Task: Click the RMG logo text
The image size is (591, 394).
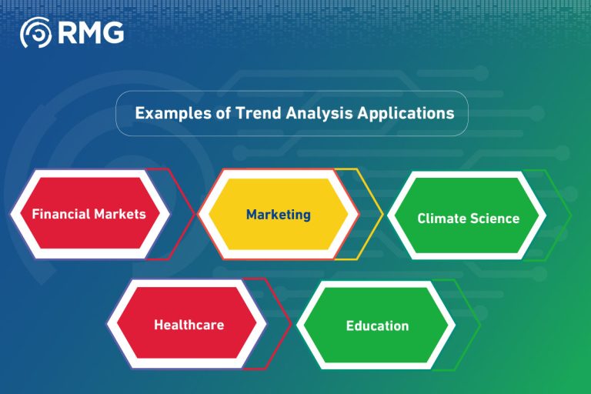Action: coord(90,33)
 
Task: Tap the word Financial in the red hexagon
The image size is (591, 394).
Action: coord(61,214)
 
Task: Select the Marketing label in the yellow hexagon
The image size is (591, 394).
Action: coord(279,214)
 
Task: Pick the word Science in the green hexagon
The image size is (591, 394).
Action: coord(494,218)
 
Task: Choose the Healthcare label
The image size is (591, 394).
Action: coord(189,324)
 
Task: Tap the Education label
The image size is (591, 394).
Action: coord(377,326)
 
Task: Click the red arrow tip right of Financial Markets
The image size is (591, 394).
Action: coord(195,214)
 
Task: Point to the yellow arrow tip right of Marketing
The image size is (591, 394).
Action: coord(382,214)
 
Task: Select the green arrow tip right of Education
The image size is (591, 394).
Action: coord(480,325)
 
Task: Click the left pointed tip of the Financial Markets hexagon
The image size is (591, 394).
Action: coord(10,213)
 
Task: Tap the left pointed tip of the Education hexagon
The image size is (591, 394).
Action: coord(297,325)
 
